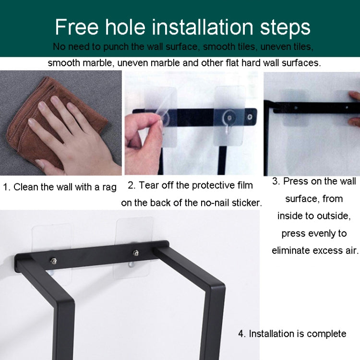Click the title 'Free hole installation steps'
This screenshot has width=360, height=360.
[x=182, y=27]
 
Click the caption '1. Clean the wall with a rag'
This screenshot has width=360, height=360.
[x=60, y=187]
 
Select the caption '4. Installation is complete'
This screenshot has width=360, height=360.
[x=292, y=334]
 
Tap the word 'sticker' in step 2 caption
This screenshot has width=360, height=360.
[x=245, y=203]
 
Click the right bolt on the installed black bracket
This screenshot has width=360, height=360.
[x=136, y=253]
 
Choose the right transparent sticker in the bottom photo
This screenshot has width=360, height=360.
[x=135, y=240]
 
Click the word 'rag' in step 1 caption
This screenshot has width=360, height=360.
[x=108, y=187]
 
